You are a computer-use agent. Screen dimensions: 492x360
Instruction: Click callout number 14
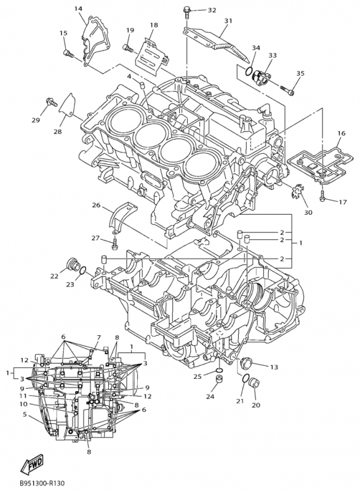tap(78, 9)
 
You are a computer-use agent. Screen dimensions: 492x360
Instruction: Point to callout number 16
tap(341, 133)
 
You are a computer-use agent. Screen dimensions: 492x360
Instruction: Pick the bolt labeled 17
tap(322, 199)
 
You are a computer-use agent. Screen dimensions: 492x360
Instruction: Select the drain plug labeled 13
tap(247, 362)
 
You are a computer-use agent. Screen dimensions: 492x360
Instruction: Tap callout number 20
tap(256, 405)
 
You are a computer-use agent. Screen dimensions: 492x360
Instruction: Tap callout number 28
tap(58, 132)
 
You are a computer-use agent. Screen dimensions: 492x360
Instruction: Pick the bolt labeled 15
tap(68, 54)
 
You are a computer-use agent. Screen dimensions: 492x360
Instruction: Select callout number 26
tap(97, 205)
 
